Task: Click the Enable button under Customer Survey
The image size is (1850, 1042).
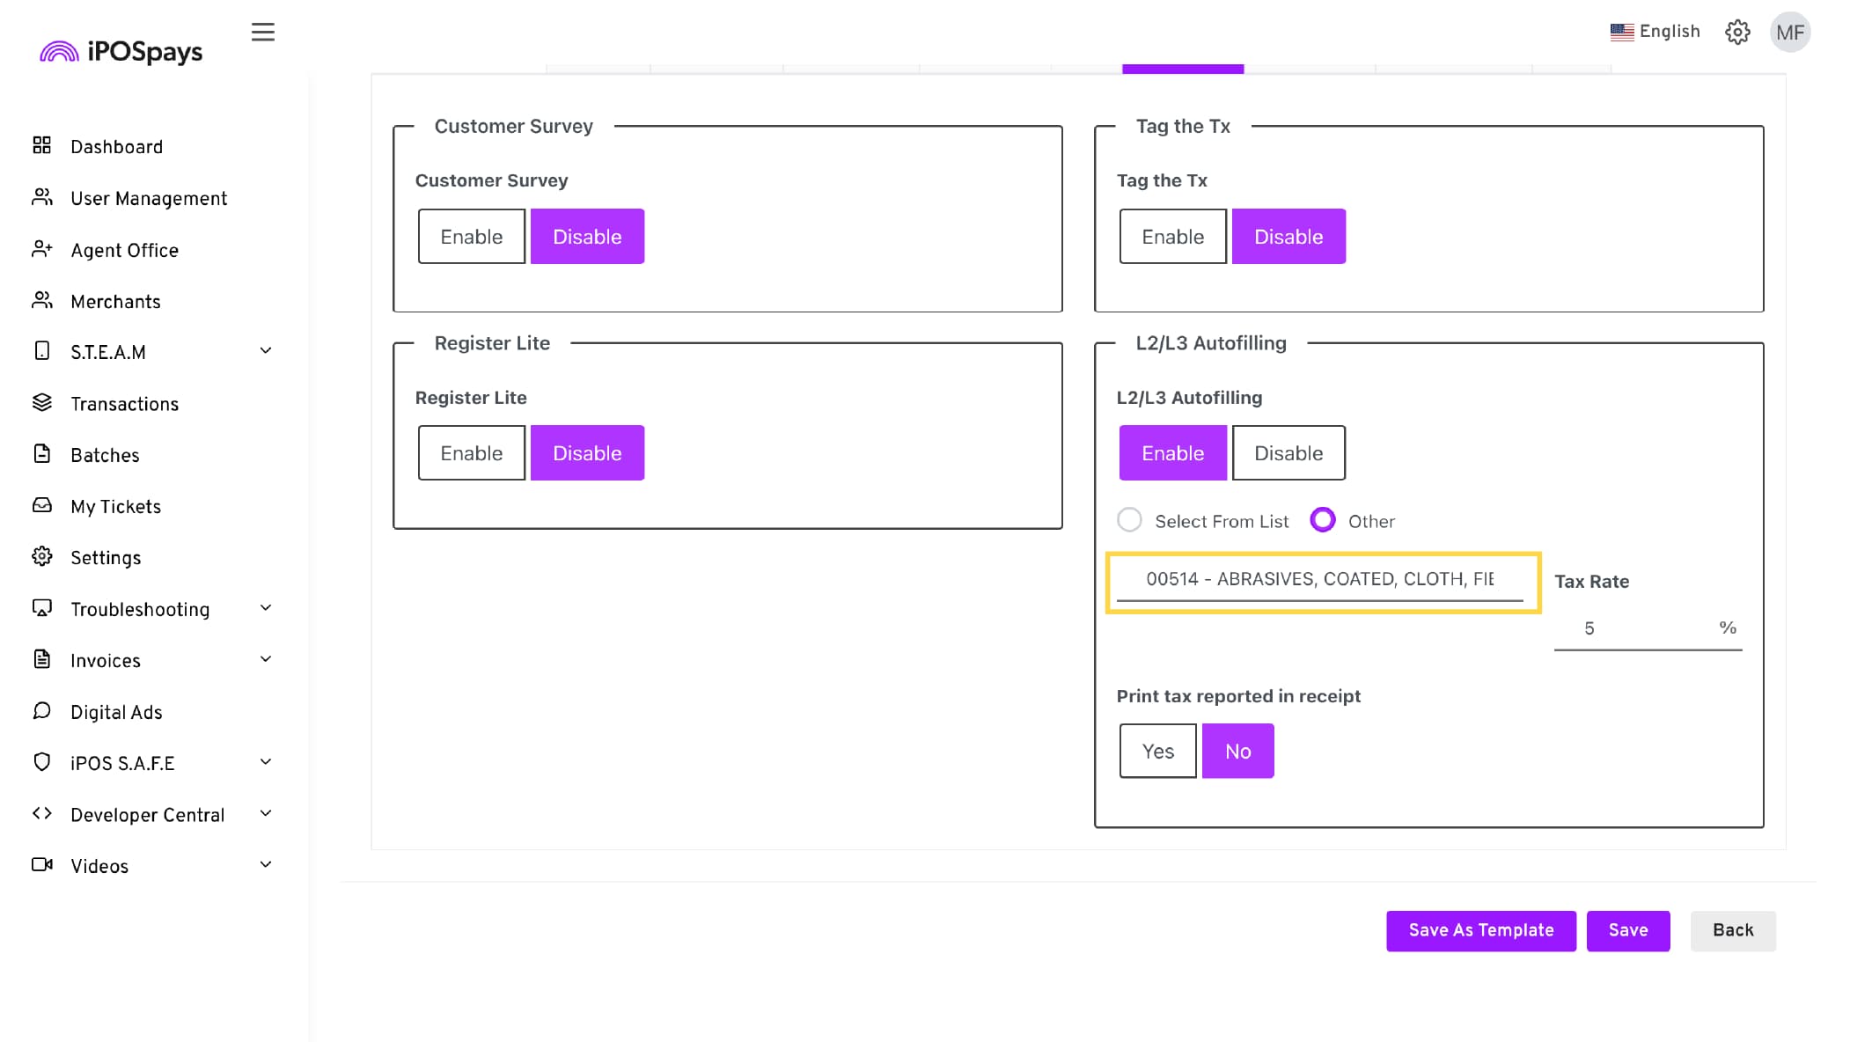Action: coord(471,236)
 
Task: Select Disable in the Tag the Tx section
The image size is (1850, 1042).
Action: coord(1288,236)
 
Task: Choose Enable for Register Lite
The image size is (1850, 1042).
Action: coord(471,452)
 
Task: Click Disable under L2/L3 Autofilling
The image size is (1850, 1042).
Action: coord(1288,452)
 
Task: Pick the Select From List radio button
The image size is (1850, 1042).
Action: coord(1130,520)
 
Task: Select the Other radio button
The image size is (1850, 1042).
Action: coord(1323,520)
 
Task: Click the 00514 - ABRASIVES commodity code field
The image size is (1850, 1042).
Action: coord(1319,579)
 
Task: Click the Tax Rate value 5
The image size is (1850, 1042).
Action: coord(1589,628)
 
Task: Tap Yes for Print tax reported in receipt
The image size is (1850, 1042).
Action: coord(1157,751)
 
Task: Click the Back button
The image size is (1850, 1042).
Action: coord(1733,930)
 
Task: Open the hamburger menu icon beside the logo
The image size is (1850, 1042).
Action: coord(263,33)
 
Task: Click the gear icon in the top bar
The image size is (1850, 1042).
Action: coord(1737,33)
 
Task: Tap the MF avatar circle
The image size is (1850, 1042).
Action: coord(1790,33)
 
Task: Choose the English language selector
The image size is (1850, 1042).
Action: coord(1655,32)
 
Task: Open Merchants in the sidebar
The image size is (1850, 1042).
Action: coord(115,302)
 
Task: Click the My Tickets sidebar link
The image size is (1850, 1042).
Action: coord(115,507)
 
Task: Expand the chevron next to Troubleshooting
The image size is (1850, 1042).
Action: coord(266,608)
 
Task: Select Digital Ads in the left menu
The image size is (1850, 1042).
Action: coord(116,712)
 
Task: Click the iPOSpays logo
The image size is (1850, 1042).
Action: coord(121,52)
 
